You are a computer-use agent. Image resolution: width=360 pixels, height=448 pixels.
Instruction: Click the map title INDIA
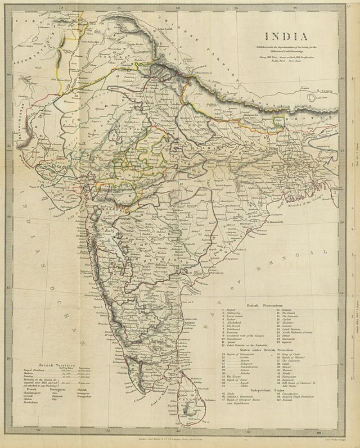(x=286, y=36)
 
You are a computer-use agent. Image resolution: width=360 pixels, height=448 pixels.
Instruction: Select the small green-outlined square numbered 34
(x=279, y=122)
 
